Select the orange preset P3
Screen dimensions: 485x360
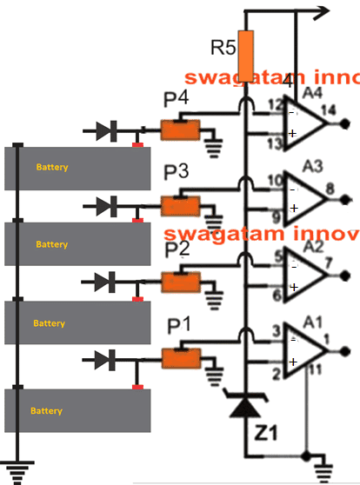181,206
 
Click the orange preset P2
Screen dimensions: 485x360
181,281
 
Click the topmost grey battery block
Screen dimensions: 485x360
77,167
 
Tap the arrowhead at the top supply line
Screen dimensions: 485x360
323,10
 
